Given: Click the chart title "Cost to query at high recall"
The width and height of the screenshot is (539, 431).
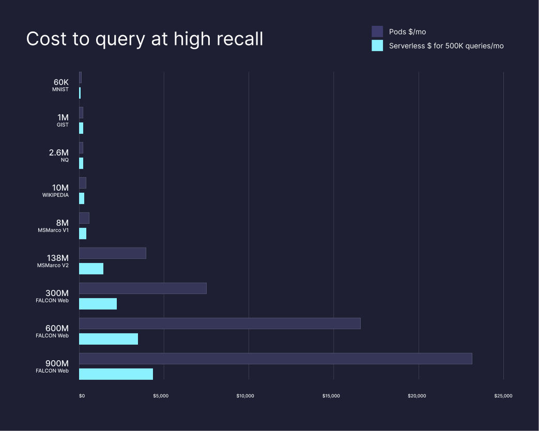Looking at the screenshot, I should pyautogui.click(x=145, y=39).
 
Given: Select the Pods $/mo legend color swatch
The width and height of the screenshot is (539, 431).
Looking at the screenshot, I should pyautogui.click(x=377, y=32).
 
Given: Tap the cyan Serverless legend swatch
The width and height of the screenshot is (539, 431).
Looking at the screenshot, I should pyautogui.click(x=377, y=45).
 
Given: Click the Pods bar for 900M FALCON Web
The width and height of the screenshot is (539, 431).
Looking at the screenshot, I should pyautogui.click(x=275, y=359).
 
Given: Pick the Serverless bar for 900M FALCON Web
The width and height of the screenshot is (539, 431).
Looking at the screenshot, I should pyautogui.click(x=116, y=374).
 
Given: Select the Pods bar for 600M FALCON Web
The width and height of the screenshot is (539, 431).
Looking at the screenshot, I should pyautogui.click(x=220, y=324).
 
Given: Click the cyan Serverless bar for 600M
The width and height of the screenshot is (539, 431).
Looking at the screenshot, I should pyautogui.click(x=109, y=339).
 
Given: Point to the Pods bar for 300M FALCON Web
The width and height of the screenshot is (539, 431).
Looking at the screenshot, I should pyautogui.click(x=143, y=288).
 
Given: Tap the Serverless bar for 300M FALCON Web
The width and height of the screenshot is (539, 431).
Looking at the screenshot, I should pyautogui.click(x=98, y=304).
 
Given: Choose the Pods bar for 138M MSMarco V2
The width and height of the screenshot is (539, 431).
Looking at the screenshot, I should pyautogui.click(x=113, y=253).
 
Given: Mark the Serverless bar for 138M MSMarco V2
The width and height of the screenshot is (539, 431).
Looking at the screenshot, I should pyautogui.click(x=91, y=269).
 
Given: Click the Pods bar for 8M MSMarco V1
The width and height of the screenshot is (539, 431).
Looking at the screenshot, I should pyautogui.click(x=84, y=218).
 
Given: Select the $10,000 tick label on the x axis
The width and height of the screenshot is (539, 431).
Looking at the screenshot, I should pyautogui.click(x=245, y=396).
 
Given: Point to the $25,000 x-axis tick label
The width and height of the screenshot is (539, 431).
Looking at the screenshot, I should pyautogui.click(x=503, y=396).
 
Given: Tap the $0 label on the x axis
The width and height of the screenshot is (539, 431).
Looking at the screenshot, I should pyautogui.click(x=82, y=396).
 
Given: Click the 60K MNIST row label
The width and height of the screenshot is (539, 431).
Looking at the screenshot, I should pyautogui.click(x=61, y=85).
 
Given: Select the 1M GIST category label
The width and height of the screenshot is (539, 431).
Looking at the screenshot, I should pyautogui.click(x=63, y=120).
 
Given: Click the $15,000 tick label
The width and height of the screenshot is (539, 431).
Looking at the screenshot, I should pyautogui.click(x=331, y=396).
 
